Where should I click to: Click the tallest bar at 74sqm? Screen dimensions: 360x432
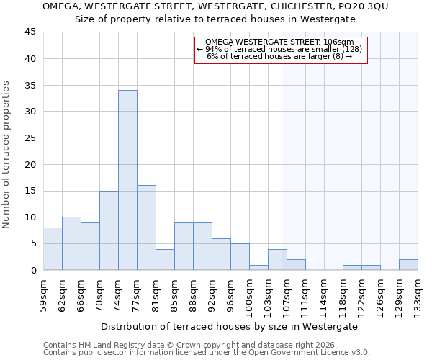tap(127, 180)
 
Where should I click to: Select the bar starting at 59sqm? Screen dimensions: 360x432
tap(53, 248)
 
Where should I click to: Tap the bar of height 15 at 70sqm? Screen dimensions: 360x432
tap(109, 230)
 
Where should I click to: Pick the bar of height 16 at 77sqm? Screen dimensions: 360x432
tap(146, 228)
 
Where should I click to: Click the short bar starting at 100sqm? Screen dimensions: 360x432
tap(258, 267)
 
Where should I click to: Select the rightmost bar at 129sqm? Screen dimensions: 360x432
tap(408, 264)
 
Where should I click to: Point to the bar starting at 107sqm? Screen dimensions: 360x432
tap(296, 264)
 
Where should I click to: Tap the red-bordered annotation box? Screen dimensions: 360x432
tap(281, 50)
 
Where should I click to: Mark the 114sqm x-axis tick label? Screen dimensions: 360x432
tap(324, 294)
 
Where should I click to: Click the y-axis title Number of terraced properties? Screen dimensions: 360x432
tap(7, 155)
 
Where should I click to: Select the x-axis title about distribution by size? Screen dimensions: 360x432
tap(230, 326)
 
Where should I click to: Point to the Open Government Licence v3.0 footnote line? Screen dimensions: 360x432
tap(207, 353)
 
